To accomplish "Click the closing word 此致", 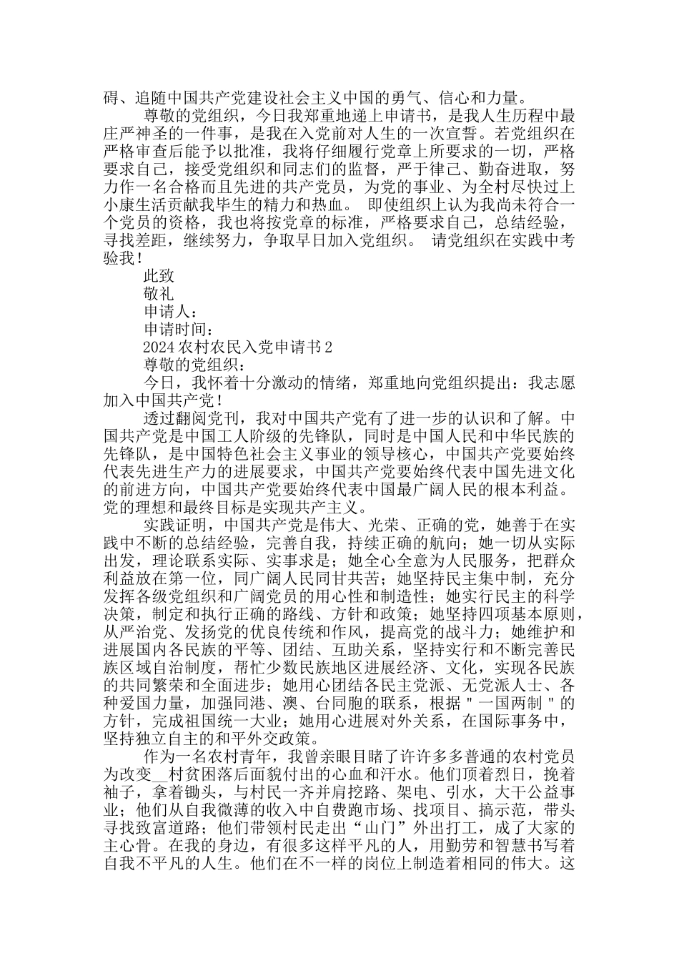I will pos(158,275).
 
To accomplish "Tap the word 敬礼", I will pos(158,293).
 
